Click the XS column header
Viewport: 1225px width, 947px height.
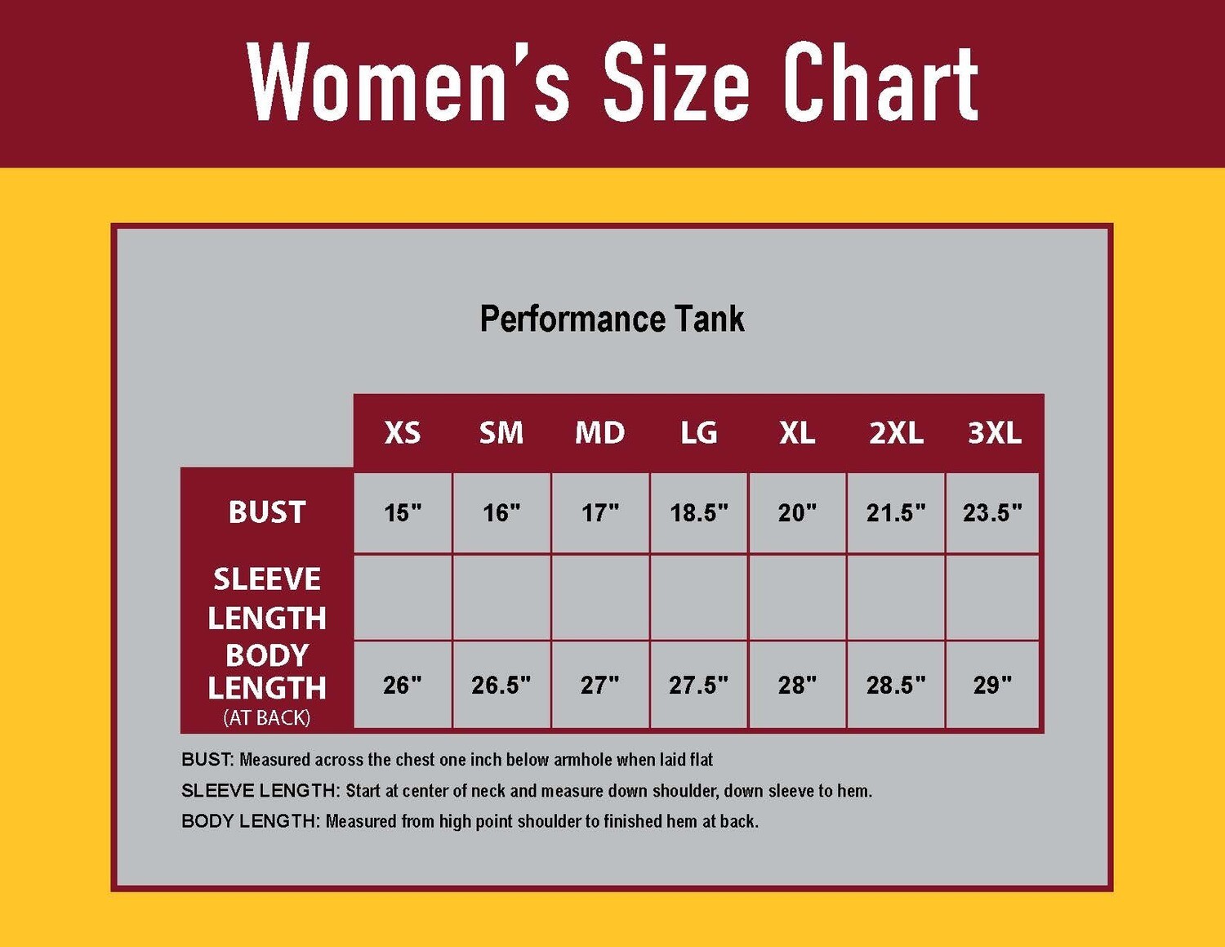[x=403, y=432]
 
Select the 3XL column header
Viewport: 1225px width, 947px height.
[x=994, y=432]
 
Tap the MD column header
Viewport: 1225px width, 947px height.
[x=599, y=432]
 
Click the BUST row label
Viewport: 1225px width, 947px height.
[x=267, y=512]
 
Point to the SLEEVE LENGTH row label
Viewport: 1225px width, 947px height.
[x=267, y=598]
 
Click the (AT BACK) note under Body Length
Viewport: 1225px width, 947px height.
[x=267, y=717]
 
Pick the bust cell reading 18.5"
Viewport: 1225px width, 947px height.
[x=699, y=513]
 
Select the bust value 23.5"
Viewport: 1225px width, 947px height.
[x=992, y=513]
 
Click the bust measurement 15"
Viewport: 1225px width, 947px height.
[x=403, y=513]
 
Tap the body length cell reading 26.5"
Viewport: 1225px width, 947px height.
[x=501, y=685]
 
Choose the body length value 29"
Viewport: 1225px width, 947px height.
[x=992, y=685]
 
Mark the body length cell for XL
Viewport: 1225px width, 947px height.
[x=797, y=685]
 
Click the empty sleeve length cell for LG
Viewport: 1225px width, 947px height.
[x=699, y=598]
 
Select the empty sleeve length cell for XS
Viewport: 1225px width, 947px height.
[x=403, y=598]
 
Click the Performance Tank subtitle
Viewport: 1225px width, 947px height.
[x=612, y=319]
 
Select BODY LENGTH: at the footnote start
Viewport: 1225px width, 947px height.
[x=251, y=821]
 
